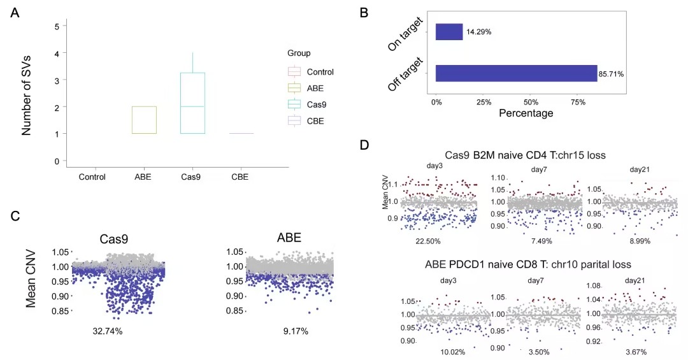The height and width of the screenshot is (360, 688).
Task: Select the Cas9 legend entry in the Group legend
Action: point(316,104)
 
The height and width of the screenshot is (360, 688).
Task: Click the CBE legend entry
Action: point(315,120)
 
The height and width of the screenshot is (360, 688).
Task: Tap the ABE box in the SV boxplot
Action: point(144,120)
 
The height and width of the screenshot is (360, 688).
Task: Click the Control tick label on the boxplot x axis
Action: point(91,176)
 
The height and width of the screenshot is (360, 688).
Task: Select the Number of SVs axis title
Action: point(27,96)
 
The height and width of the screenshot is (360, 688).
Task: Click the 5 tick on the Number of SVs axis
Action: point(57,26)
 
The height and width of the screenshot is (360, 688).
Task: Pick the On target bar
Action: point(449,32)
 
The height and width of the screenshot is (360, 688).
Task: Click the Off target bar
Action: point(516,73)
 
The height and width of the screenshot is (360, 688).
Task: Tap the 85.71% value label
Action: point(611,74)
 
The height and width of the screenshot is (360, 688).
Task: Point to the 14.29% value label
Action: point(478,32)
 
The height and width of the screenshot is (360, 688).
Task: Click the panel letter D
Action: point(364,145)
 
